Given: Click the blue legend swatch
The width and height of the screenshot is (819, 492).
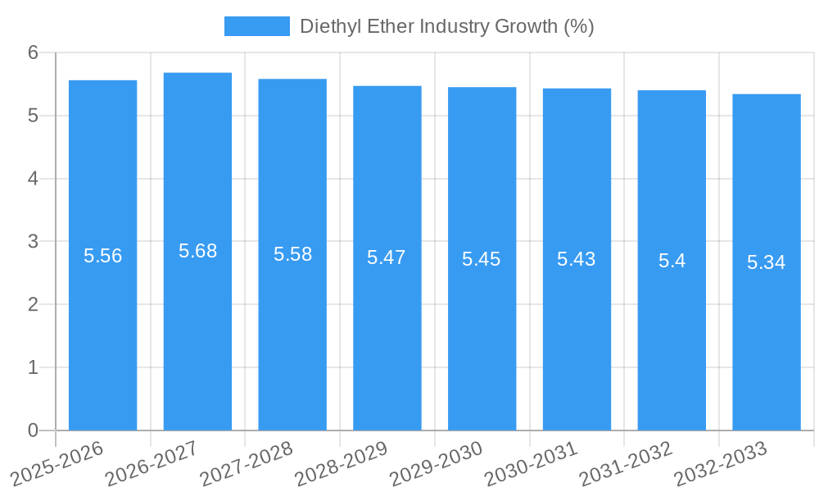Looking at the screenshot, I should click(257, 26).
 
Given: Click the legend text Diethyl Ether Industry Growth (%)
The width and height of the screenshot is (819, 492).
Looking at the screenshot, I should click(446, 26).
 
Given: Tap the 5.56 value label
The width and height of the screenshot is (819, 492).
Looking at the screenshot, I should click(103, 256).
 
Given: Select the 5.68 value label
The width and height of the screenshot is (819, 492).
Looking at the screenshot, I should click(198, 251).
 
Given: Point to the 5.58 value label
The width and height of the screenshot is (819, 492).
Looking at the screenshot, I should click(293, 254).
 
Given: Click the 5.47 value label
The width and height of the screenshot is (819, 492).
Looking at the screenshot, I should click(387, 257).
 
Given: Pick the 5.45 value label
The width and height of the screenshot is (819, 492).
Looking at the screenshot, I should click(482, 259).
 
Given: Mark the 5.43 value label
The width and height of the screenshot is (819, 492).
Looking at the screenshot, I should click(577, 259).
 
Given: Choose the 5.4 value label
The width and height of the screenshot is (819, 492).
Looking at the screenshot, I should click(672, 261).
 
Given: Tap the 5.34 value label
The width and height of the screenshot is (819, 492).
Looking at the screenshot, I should click(767, 262).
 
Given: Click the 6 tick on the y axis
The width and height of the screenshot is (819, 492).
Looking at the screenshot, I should click(34, 52).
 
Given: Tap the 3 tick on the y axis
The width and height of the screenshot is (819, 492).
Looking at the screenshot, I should click(34, 242).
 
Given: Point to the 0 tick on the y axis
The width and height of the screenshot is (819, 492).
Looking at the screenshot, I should click(34, 430).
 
